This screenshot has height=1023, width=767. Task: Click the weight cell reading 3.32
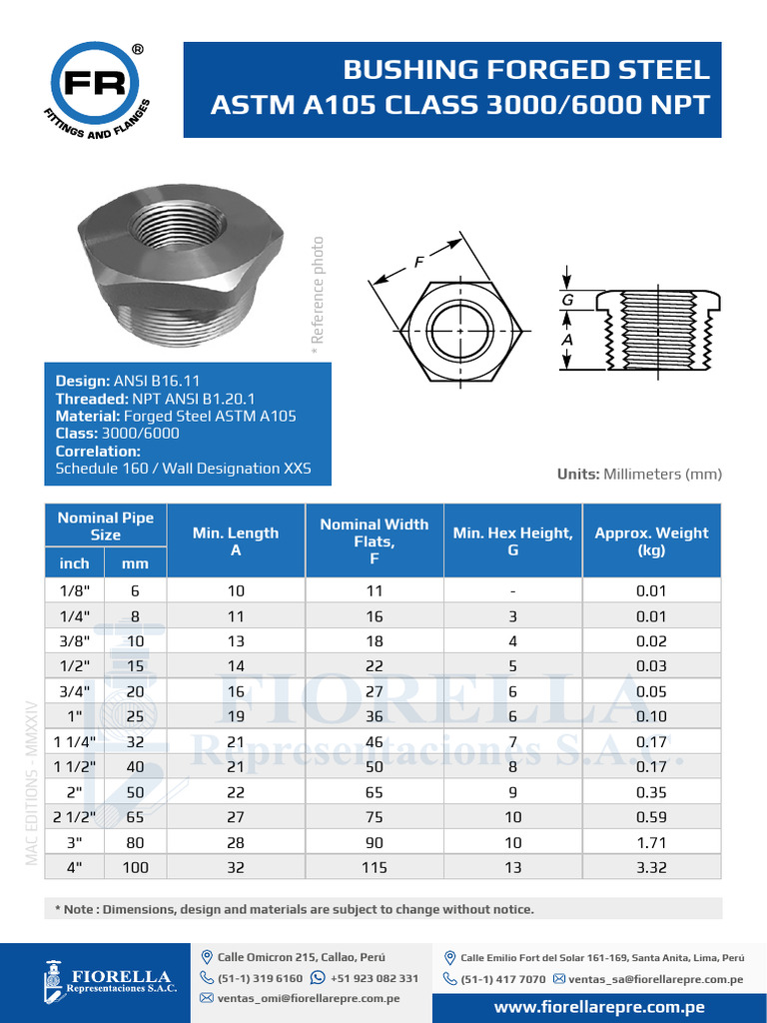tap(651, 867)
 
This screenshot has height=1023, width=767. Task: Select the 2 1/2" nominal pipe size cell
tap(74, 816)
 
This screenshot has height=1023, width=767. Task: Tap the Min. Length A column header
tap(236, 540)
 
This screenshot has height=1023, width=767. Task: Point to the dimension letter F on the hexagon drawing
tap(420, 262)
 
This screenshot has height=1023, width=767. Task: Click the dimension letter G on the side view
tap(567, 299)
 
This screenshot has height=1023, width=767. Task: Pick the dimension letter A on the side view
tap(567, 340)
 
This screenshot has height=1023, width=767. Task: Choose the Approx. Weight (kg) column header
tap(651, 540)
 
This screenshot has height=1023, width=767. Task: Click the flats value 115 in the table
tap(374, 867)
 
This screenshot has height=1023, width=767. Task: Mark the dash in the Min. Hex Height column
tap(512, 590)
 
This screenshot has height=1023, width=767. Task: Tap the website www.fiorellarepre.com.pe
tap(600, 1007)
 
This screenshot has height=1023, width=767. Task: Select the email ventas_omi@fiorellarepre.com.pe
tap(309, 997)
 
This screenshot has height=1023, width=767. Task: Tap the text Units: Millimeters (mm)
tap(639, 475)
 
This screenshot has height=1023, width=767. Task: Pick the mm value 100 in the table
tap(135, 867)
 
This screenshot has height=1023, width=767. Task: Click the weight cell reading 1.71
tap(651, 842)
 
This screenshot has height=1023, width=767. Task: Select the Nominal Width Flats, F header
tap(374, 540)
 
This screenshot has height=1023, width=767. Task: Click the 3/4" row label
tap(74, 690)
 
